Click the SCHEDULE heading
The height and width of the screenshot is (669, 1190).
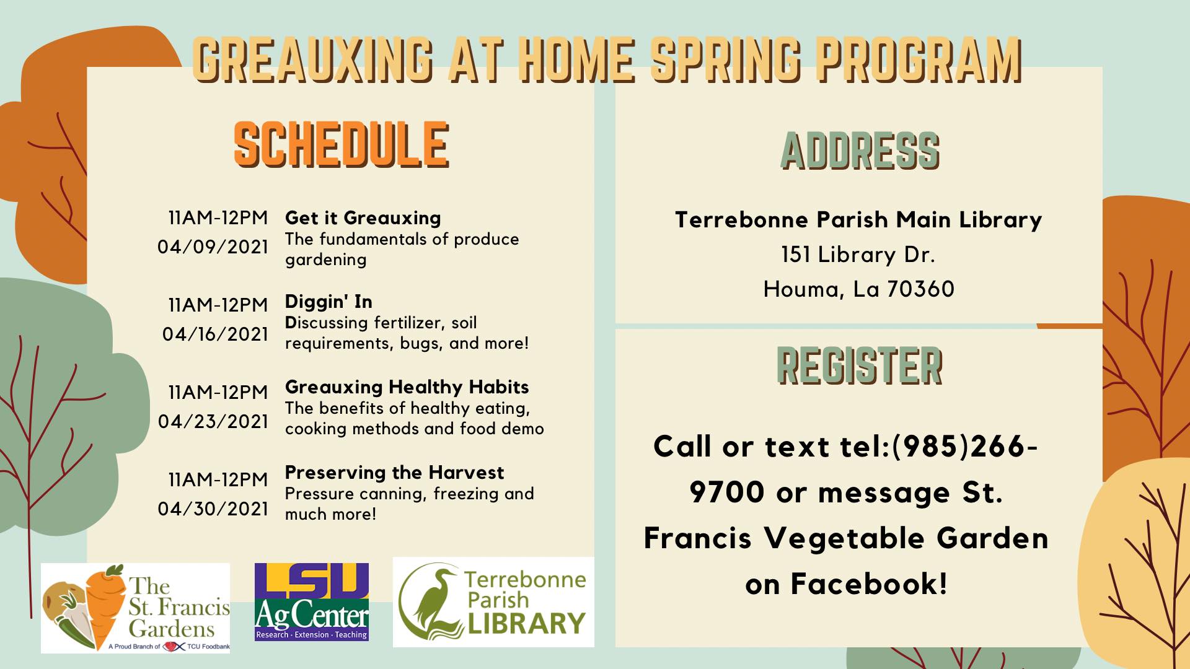pyautogui.click(x=341, y=144)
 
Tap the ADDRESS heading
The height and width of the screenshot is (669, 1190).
pyautogui.click(x=860, y=151)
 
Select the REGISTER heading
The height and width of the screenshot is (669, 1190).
pyautogui.click(x=860, y=365)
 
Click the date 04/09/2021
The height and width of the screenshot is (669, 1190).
pyautogui.click(x=213, y=247)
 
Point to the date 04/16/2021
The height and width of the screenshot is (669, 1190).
pyautogui.click(x=215, y=334)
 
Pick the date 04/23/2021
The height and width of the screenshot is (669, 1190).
pyautogui.click(x=213, y=422)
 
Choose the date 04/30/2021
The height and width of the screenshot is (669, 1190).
pyautogui.click(x=213, y=509)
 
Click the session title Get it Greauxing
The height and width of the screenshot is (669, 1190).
pyautogui.click(x=363, y=218)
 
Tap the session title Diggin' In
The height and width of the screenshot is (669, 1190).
pyautogui.click(x=328, y=302)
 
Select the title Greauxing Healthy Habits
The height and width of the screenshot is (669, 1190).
pyautogui.click(x=407, y=387)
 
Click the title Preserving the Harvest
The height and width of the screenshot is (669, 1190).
pyautogui.click(x=394, y=473)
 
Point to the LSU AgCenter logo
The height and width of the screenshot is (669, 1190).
pyautogui.click(x=312, y=601)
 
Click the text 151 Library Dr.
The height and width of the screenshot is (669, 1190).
pyautogui.click(x=858, y=255)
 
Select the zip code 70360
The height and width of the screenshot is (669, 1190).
pyautogui.click(x=920, y=289)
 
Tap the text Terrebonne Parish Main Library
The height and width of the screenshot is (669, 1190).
pyautogui.click(x=858, y=220)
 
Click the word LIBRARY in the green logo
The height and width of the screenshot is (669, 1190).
pyautogui.click(x=526, y=623)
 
